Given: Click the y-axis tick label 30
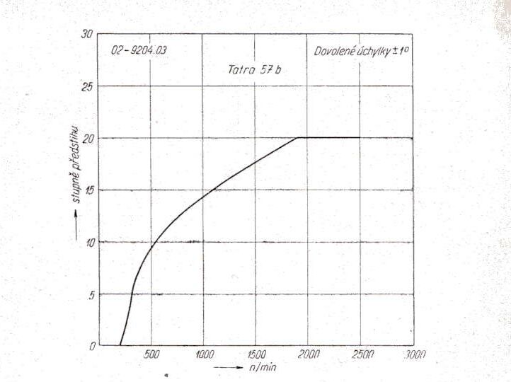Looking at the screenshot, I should pos(87,34).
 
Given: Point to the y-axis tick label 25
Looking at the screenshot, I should pos(87,86).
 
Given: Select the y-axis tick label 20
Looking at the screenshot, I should pos(87,138).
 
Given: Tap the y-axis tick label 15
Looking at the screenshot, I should pos(87,190).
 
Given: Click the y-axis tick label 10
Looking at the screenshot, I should pos(87,242).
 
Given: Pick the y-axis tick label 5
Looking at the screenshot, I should pos(90,294).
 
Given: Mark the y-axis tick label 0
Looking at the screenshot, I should pos(90,346).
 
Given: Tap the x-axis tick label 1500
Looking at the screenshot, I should pos(255,354).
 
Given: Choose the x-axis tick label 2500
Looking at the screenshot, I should pos(360,354).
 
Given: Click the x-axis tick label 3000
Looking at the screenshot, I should pos(413,354).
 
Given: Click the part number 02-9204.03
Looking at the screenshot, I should pos(139,51).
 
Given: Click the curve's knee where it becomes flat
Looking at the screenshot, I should pos(297,138).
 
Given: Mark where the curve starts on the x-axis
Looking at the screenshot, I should pos(120,345).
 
